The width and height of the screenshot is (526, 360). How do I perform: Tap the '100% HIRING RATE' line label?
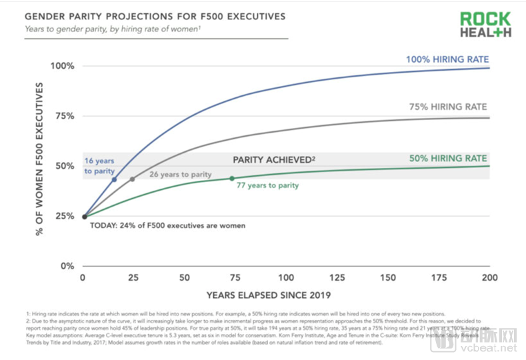pos(447,59)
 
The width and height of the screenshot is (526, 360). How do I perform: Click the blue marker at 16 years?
pos(115,179)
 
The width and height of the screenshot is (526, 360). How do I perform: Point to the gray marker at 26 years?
pos(133,179)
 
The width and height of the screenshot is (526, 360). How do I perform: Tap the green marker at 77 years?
pos(232,178)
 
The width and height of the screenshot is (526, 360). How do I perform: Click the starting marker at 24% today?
pos(85,216)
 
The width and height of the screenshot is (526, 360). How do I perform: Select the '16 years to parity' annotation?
pos(100,167)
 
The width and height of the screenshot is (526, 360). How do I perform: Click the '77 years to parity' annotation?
pos(267,185)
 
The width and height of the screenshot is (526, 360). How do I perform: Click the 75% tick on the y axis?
pos(65,116)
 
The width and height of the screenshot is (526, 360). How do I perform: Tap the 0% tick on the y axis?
pos(67,266)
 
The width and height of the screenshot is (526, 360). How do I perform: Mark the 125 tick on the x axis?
pos(337,277)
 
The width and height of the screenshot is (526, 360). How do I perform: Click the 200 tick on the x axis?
pos(490,277)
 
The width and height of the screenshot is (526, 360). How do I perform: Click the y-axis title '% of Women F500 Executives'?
pos(39,159)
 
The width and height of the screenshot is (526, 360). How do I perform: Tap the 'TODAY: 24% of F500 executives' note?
pos(167,225)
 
